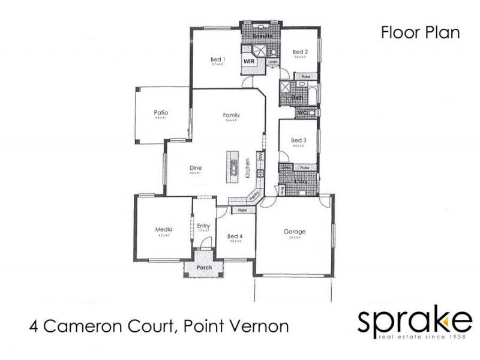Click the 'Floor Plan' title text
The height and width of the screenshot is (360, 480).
click(420, 32)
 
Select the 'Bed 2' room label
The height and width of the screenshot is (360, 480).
click(300, 52)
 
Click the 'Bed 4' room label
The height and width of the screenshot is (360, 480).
click(235, 236)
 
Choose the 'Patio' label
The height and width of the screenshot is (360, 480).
click(160, 112)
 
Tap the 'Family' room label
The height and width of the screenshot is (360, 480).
click(231, 115)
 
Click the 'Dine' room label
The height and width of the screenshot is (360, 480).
click(195, 168)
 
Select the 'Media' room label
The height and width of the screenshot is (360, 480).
click(164, 229)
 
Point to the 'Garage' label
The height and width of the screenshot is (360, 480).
click(295, 232)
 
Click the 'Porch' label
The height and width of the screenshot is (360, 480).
click(205, 268)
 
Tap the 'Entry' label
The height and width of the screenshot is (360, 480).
click(203, 226)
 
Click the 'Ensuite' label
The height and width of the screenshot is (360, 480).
click(262, 36)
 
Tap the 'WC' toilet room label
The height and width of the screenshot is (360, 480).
click(302, 112)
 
